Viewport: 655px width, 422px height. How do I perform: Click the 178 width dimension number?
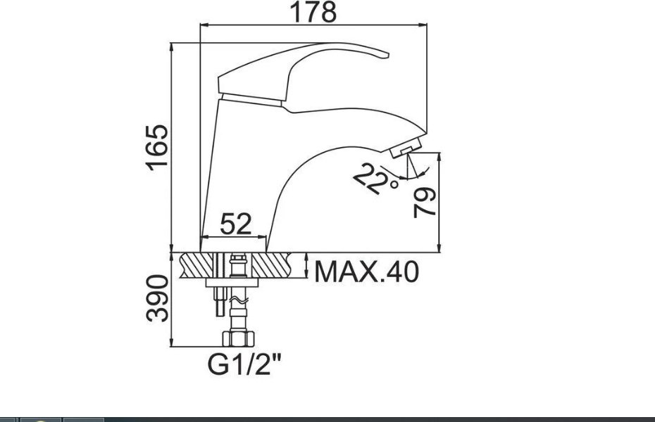coord(313,12)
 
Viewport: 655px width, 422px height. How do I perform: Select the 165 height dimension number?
coord(157,148)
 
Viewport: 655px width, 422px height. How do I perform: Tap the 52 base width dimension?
coord(236,224)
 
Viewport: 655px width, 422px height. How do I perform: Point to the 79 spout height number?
coord(425,203)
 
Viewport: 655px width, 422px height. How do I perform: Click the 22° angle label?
coord(375,179)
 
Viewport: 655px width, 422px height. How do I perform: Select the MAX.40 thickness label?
coord(366,272)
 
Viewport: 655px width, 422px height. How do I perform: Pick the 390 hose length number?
coord(158,298)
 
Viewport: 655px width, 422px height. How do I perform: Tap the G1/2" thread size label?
coord(245,364)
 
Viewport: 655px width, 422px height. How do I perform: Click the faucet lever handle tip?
coord(387,55)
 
